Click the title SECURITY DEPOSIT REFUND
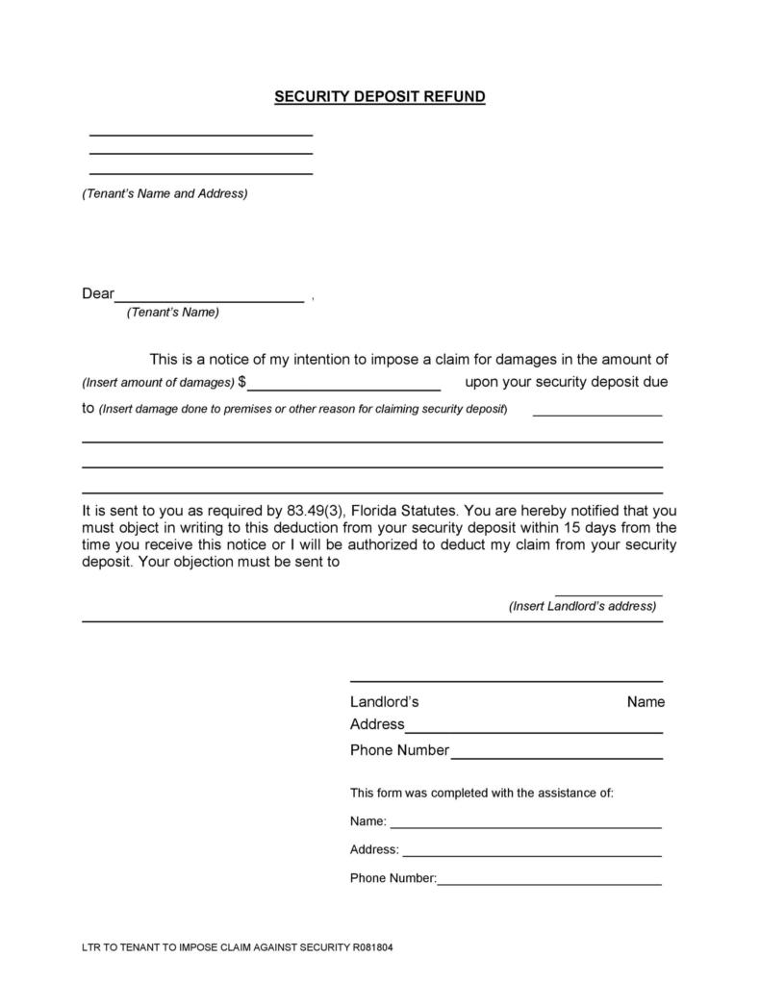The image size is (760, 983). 380,97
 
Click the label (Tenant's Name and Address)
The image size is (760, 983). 165,193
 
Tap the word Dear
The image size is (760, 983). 98,294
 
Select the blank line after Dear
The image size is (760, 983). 210,300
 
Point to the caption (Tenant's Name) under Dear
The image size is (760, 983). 173,313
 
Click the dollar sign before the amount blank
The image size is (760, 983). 242,382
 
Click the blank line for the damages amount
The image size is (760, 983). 344,388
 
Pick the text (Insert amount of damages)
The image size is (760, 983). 158,383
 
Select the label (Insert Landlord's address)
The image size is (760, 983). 582,607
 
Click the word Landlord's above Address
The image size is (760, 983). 384,702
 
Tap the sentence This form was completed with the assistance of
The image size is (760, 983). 481,794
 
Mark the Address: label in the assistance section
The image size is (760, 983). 374,850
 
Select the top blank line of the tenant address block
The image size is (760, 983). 201,135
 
